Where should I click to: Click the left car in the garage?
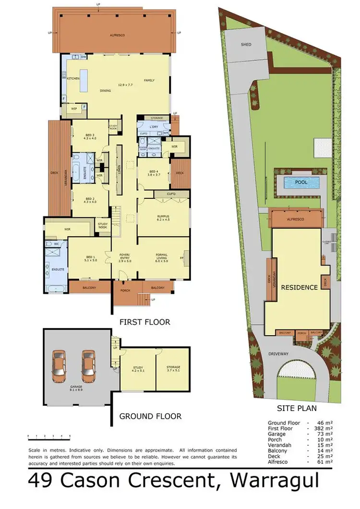click(x=59, y=364)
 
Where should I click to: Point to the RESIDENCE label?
click(x=299, y=287)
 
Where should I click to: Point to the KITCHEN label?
click(x=73, y=78)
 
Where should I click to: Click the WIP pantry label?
click(x=74, y=109)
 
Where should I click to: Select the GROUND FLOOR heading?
click(x=150, y=416)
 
